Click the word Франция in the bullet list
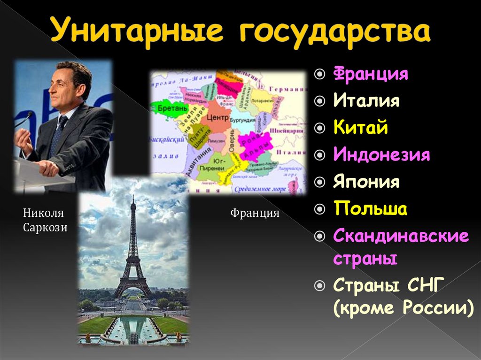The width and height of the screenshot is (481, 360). [371, 74]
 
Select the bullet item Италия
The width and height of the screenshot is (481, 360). [366, 101]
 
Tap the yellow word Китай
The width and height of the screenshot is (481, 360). [361, 128]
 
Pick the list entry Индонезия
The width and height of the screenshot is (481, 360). [381, 154]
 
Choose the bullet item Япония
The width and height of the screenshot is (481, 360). [366, 182]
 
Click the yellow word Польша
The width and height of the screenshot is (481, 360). [370, 209]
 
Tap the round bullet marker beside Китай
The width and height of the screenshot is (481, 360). [320, 128]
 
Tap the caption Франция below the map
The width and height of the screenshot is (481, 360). [255, 214]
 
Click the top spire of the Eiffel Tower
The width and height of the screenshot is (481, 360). [133, 201]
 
